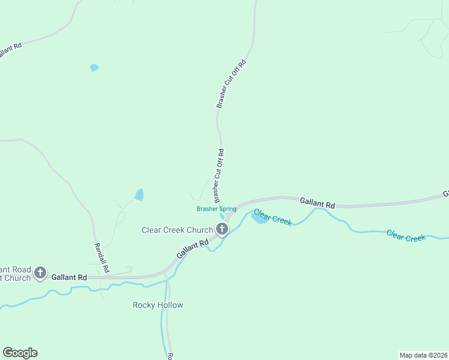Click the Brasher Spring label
(216, 209)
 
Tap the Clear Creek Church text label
(177, 230)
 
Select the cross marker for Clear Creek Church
(222, 229)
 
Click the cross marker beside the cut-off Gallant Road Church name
(40, 274)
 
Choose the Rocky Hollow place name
(158, 305)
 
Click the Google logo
(20, 353)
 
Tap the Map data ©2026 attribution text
(423, 355)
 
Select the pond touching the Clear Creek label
(259, 219)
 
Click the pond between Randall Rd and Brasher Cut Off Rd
(139, 195)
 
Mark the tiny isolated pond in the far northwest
(94, 68)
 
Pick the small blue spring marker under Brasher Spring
(223, 217)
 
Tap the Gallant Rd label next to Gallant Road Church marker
(69, 277)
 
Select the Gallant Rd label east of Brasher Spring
(317, 203)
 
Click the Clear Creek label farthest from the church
(406, 236)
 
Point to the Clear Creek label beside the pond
(273, 217)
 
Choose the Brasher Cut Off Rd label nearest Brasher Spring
(218, 176)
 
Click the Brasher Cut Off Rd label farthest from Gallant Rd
(232, 83)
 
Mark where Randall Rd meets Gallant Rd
(107, 277)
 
